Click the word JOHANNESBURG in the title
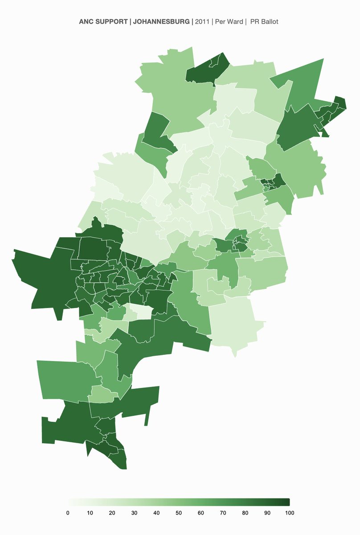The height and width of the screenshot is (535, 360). [x=161, y=21]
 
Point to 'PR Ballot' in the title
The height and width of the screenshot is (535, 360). [x=264, y=21]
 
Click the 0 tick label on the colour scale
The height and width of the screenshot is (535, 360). [x=68, y=513]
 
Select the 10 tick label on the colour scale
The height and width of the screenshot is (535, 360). [x=90, y=513]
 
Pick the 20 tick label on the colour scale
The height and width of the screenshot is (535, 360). [x=112, y=513]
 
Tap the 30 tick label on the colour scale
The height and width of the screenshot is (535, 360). [x=134, y=513]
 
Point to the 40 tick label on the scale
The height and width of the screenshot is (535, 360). [x=156, y=513]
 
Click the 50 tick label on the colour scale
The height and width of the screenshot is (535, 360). [x=179, y=513]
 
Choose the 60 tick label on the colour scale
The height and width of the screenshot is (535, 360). [x=201, y=513]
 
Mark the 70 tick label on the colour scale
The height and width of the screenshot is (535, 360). [x=223, y=513]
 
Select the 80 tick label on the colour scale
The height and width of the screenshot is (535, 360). [x=245, y=513]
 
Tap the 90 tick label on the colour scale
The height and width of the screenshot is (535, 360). [x=267, y=513]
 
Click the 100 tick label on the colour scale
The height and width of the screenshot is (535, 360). [x=289, y=513]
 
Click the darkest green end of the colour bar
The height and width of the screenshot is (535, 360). [x=287, y=502]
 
